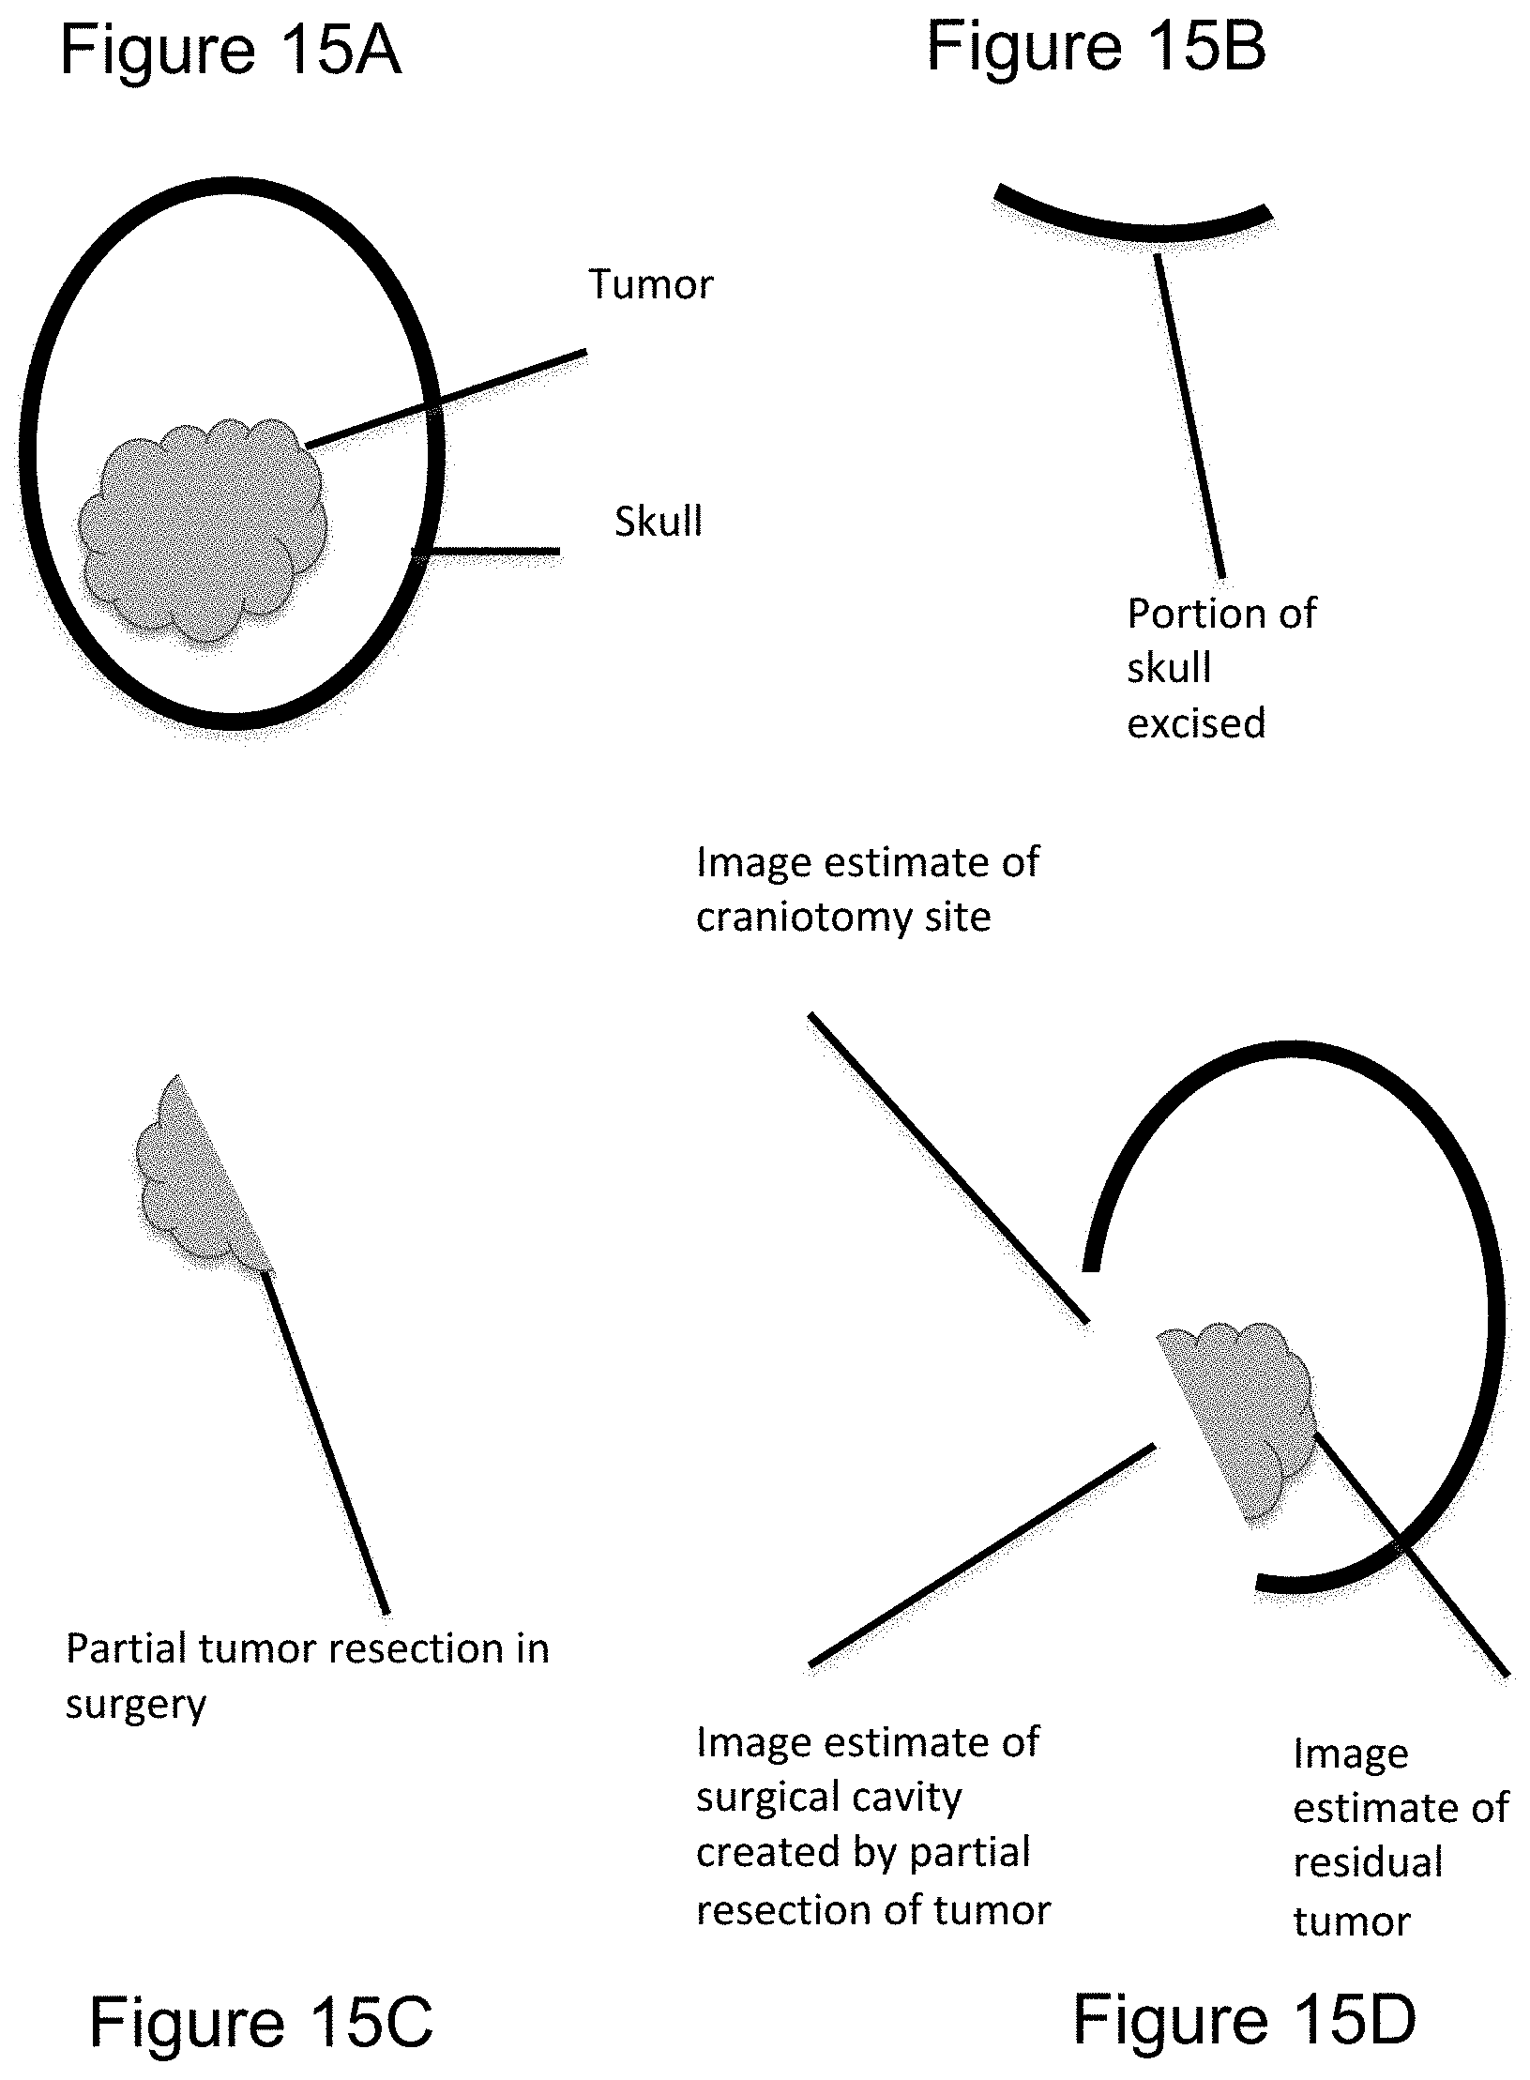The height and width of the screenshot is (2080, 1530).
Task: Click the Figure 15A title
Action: pyautogui.click(x=231, y=51)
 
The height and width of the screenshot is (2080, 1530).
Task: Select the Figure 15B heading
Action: pyautogui.click(x=1097, y=46)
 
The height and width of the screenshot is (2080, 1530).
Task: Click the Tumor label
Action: pyautogui.click(x=651, y=284)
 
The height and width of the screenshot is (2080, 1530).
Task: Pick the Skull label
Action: pyautogui.click(x=659, y=521)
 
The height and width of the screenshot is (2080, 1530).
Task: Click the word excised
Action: pyautogui.click(x=1196, y=723)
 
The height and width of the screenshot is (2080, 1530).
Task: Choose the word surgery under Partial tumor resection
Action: pyautogui.click(x=136, y=1705)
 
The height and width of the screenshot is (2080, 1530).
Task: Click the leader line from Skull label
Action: pyautogui.click(x=485, y=552)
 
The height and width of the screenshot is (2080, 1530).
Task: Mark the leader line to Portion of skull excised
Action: pyautogui.click(x=1189, y=416)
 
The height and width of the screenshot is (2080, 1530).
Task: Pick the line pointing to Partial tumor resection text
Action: pyautogui.click(x=325, y=1441)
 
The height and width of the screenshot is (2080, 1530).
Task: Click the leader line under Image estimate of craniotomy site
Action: pyautogui.click(x=948, y=1168)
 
